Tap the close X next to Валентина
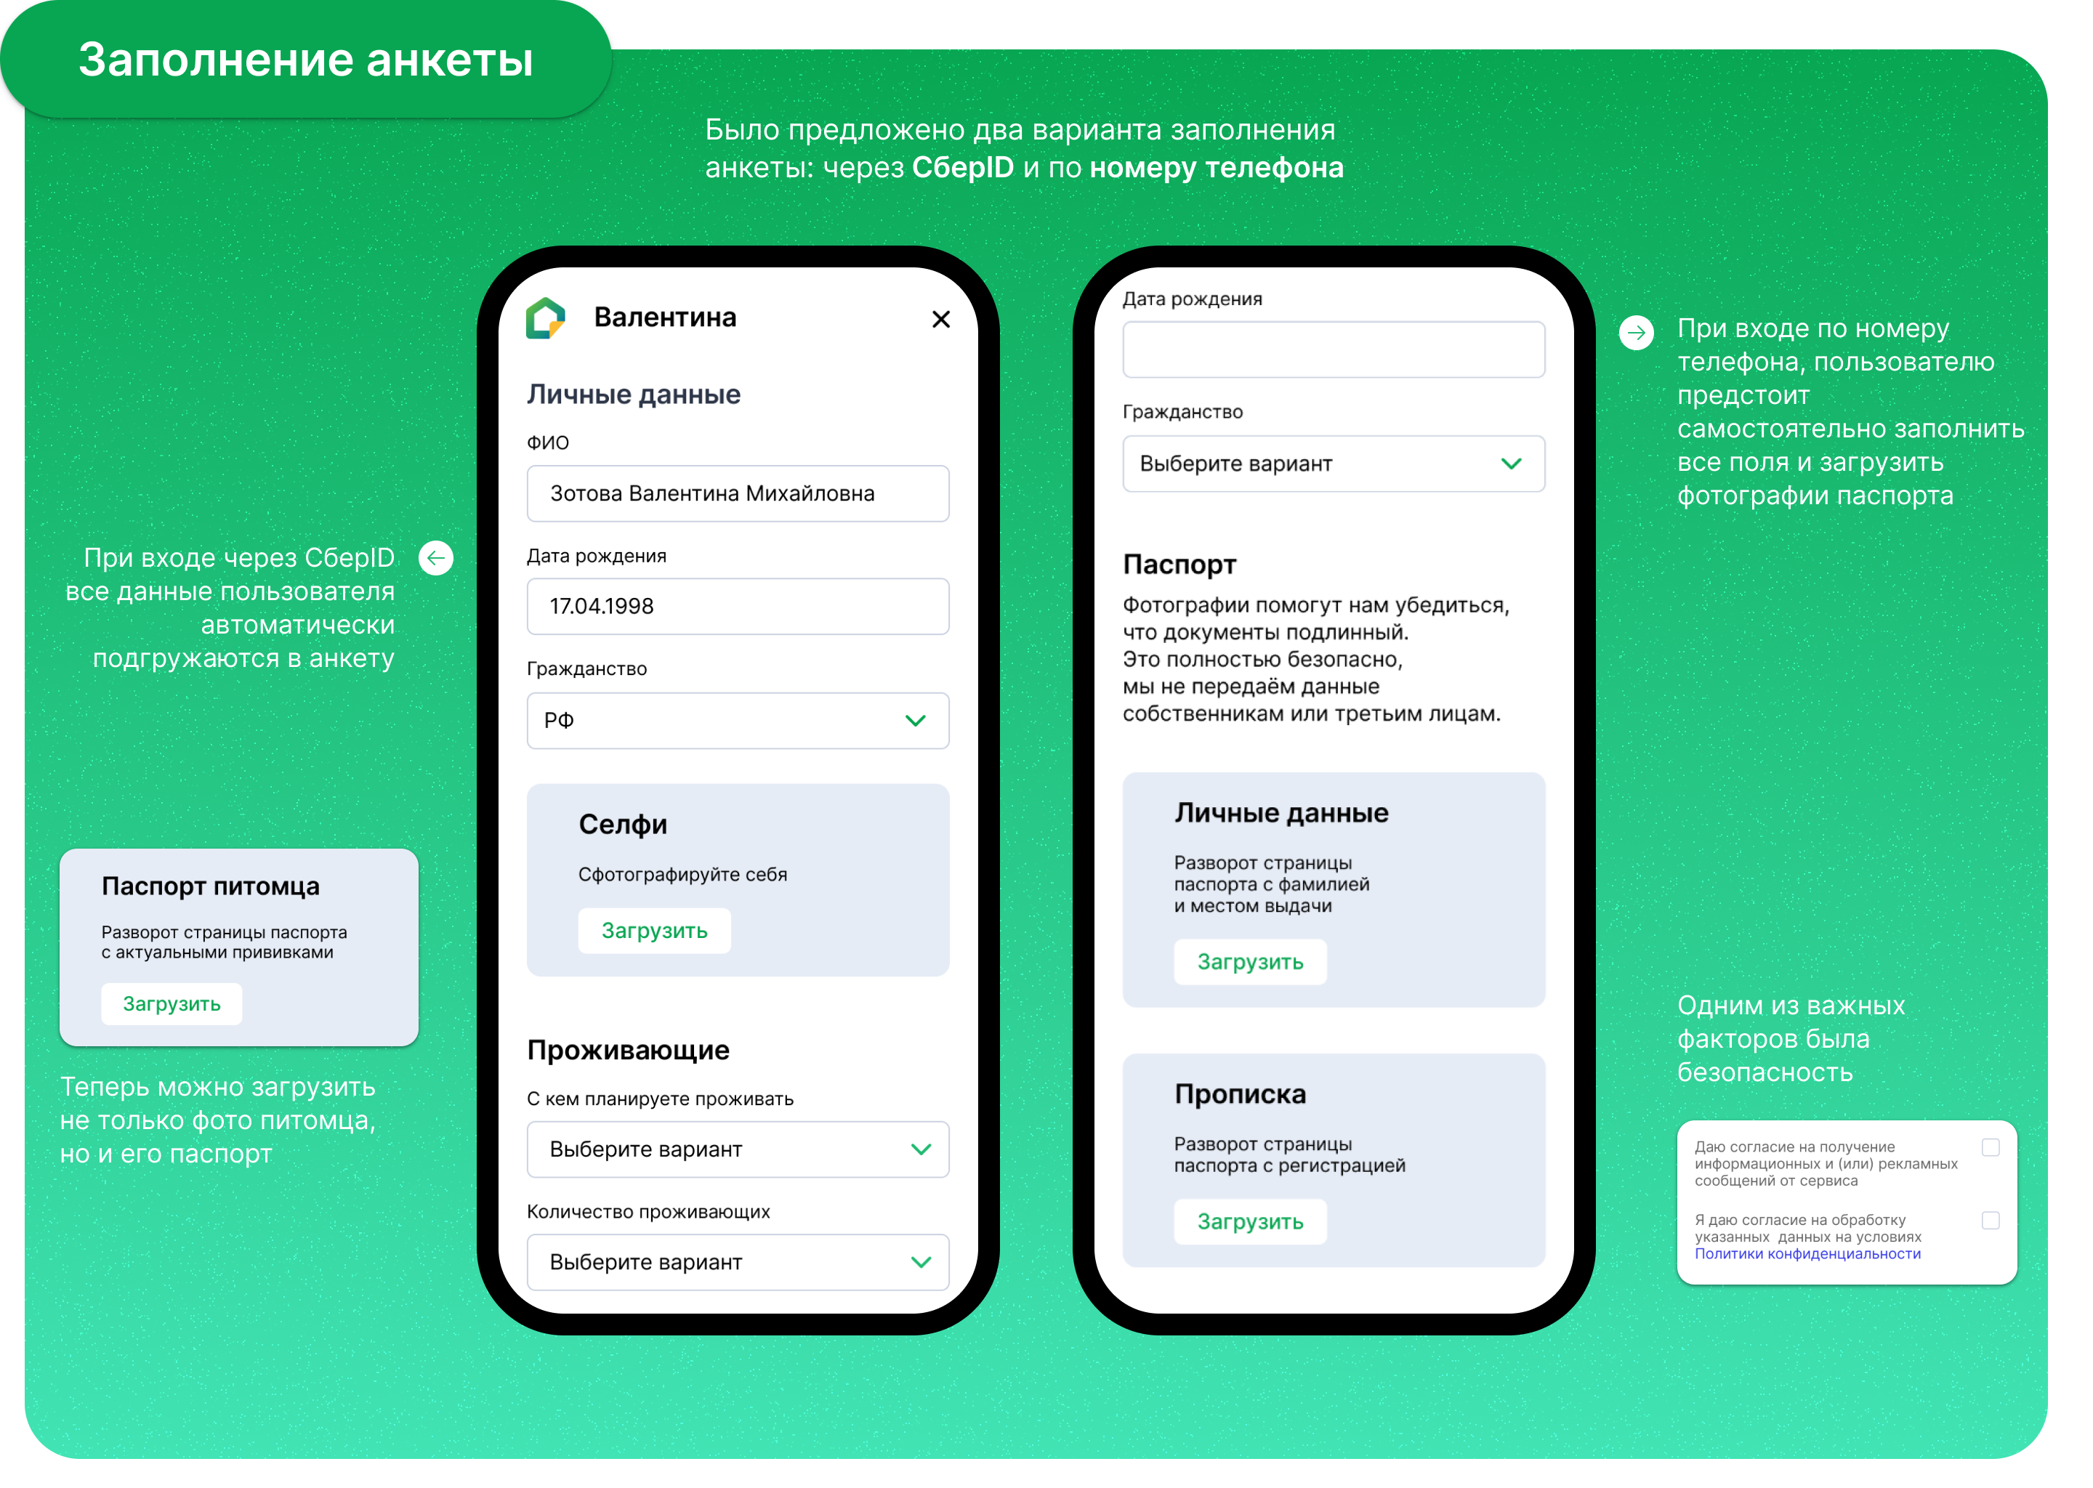coord(940,319)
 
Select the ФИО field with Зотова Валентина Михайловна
coord(738,494)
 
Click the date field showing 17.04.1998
coord(738,607)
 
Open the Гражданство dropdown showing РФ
coord(738,720)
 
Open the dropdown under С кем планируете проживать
coord(738,1149)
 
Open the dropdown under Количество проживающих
coord(738,1262)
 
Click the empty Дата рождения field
coord(1334,349)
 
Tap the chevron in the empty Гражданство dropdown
coord(1511,464)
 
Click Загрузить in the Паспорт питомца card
coord(172,1004)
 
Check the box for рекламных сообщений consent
coord(1991,1147)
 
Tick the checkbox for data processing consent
coord(1991,1221)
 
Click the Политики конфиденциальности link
coord(1807,1254)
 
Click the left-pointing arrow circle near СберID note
coord(436,558)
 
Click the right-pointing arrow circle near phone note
coord(1637,333)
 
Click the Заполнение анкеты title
coord(305,60)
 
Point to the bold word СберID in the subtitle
coord(963,168)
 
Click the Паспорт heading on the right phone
coord(1179,565)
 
